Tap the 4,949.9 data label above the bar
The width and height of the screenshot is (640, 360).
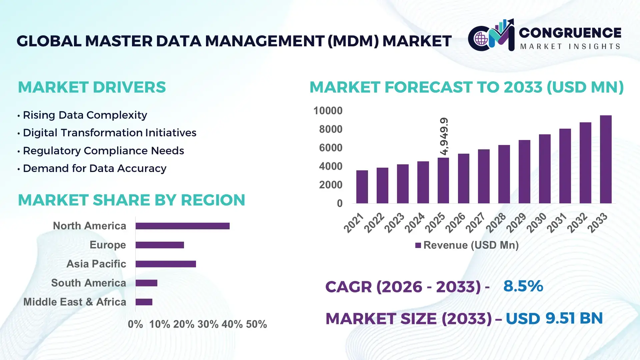(x=444, y=136)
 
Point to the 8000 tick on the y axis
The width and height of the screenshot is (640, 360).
(x=330, y=129)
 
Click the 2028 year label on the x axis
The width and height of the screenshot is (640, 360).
(x=496, y=222)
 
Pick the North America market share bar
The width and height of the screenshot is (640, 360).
(x=182, y=226)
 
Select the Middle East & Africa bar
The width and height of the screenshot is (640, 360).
(x=144, y=302)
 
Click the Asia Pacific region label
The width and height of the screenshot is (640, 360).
(x=96, y=264)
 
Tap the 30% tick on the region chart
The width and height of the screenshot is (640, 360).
(x=208, y=324)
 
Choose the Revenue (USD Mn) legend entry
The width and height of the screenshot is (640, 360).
(x=467, y=245)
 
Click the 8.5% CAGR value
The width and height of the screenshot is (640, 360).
(x=523, y=286)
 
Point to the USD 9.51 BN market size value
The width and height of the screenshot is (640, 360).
(x=554, y=318)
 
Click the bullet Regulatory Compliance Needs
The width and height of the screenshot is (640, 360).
(x=103, y=151)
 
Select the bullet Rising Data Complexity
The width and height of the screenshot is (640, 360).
(x=85, y=115)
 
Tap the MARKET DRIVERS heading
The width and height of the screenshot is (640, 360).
(x=92, y=87)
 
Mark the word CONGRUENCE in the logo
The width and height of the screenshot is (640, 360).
(x=570, y=33)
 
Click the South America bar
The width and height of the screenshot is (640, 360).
(x=146, y=283)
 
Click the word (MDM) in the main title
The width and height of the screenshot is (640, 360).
(x=353, y=41)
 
